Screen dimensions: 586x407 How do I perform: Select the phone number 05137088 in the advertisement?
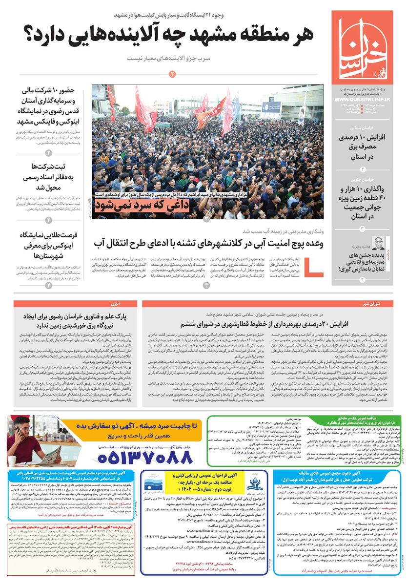pyautogui.click(x=145, y=457)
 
